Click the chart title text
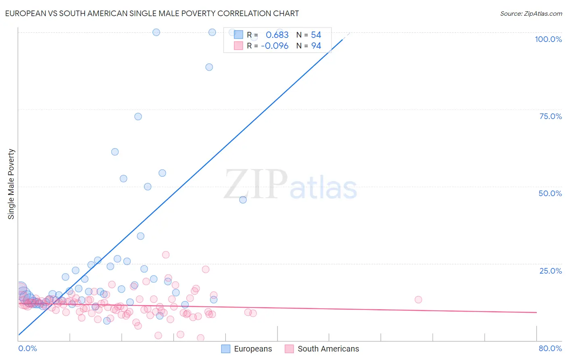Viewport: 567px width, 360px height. point(152,13)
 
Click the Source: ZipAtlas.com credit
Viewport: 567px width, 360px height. point(531,13)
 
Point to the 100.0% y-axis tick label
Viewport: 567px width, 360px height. point(548,39)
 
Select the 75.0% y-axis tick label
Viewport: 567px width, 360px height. point(550,116)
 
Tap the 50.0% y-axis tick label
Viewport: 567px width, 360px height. point(550,193)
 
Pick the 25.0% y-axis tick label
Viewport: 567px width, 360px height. point(550,271)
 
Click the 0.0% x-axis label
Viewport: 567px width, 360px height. point(27,348)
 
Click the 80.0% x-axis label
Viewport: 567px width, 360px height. point(550,348)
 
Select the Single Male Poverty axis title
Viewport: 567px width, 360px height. point(11,184)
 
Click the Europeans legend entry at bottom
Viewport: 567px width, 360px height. point(247,349)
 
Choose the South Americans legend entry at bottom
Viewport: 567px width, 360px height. point(322,349)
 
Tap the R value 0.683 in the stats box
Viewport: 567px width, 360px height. point(277,35)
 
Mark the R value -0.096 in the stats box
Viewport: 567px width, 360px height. point(275,46)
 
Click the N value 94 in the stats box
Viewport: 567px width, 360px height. point(316,46)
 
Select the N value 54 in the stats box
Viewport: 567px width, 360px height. point(316,35)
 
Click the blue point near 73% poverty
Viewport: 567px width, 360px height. point(138,117)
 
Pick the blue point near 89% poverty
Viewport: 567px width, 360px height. point(209,67)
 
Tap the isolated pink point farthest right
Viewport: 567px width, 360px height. point(418,299)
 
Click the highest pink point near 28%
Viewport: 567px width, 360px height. point(166,255)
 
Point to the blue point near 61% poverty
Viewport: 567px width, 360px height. point(115,152)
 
